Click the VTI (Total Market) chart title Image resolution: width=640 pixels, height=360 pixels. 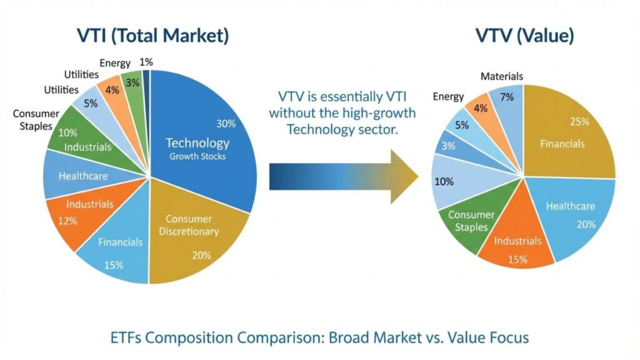point(152,36)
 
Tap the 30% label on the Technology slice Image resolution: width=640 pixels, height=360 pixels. point(226,122)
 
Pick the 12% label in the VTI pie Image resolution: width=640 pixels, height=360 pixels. point(68,221)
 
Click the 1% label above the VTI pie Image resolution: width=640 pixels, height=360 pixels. point(146,62)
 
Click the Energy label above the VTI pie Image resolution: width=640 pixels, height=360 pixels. point(115,63)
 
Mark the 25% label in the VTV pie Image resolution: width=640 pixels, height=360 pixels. point(579,121)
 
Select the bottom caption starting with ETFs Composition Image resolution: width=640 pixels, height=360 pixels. point(319,338)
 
